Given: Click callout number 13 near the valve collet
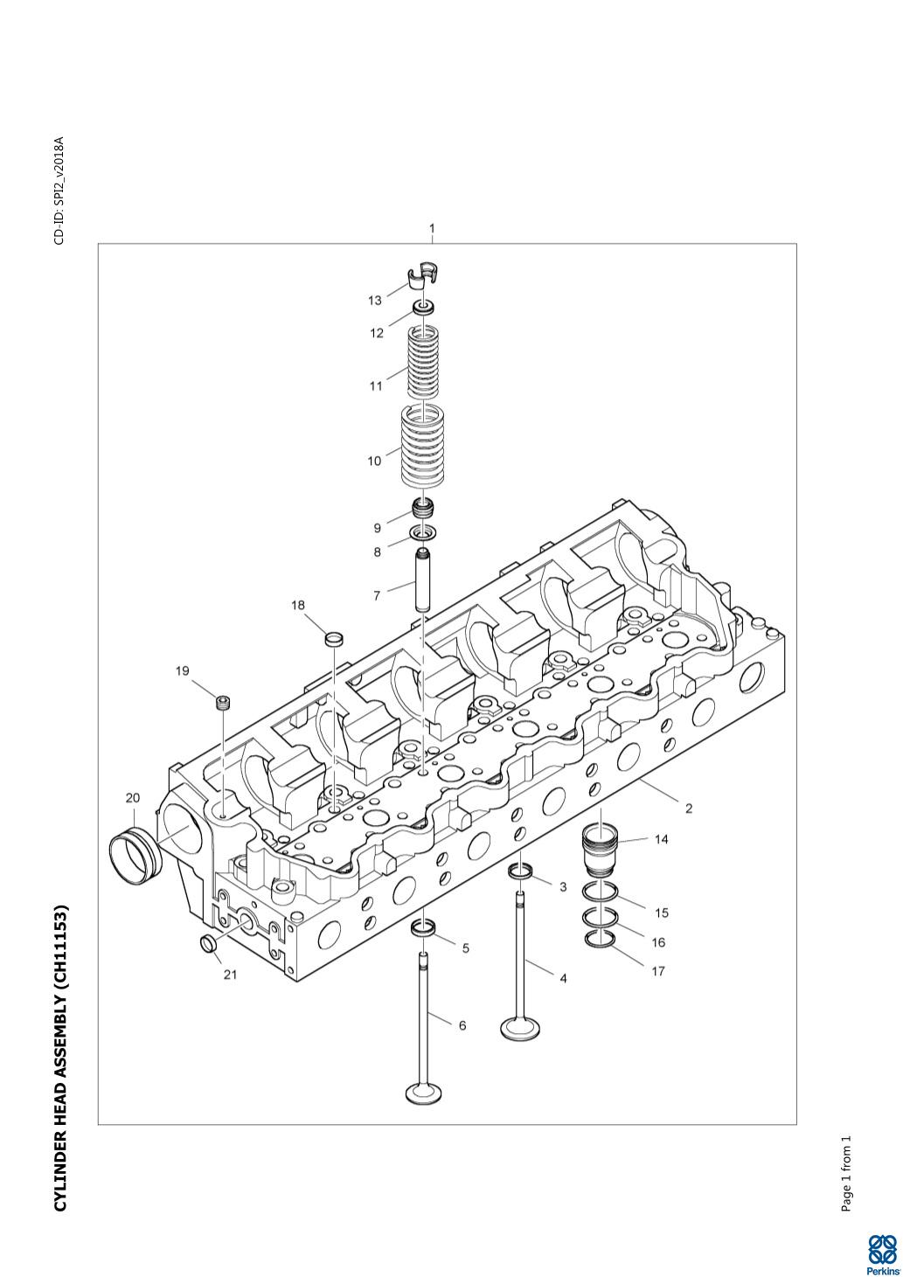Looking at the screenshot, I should click(374, 301).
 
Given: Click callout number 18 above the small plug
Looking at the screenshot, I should click(298, 604).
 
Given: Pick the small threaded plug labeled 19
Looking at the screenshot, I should click(224, 702).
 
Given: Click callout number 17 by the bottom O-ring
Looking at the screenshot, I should click(657, 970).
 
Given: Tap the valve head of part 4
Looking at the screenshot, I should click(519, 1027).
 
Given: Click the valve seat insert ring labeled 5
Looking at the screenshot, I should click(424, 927).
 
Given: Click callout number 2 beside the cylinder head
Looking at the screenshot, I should click(688, 809).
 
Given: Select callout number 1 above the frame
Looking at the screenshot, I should click(431, 229).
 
